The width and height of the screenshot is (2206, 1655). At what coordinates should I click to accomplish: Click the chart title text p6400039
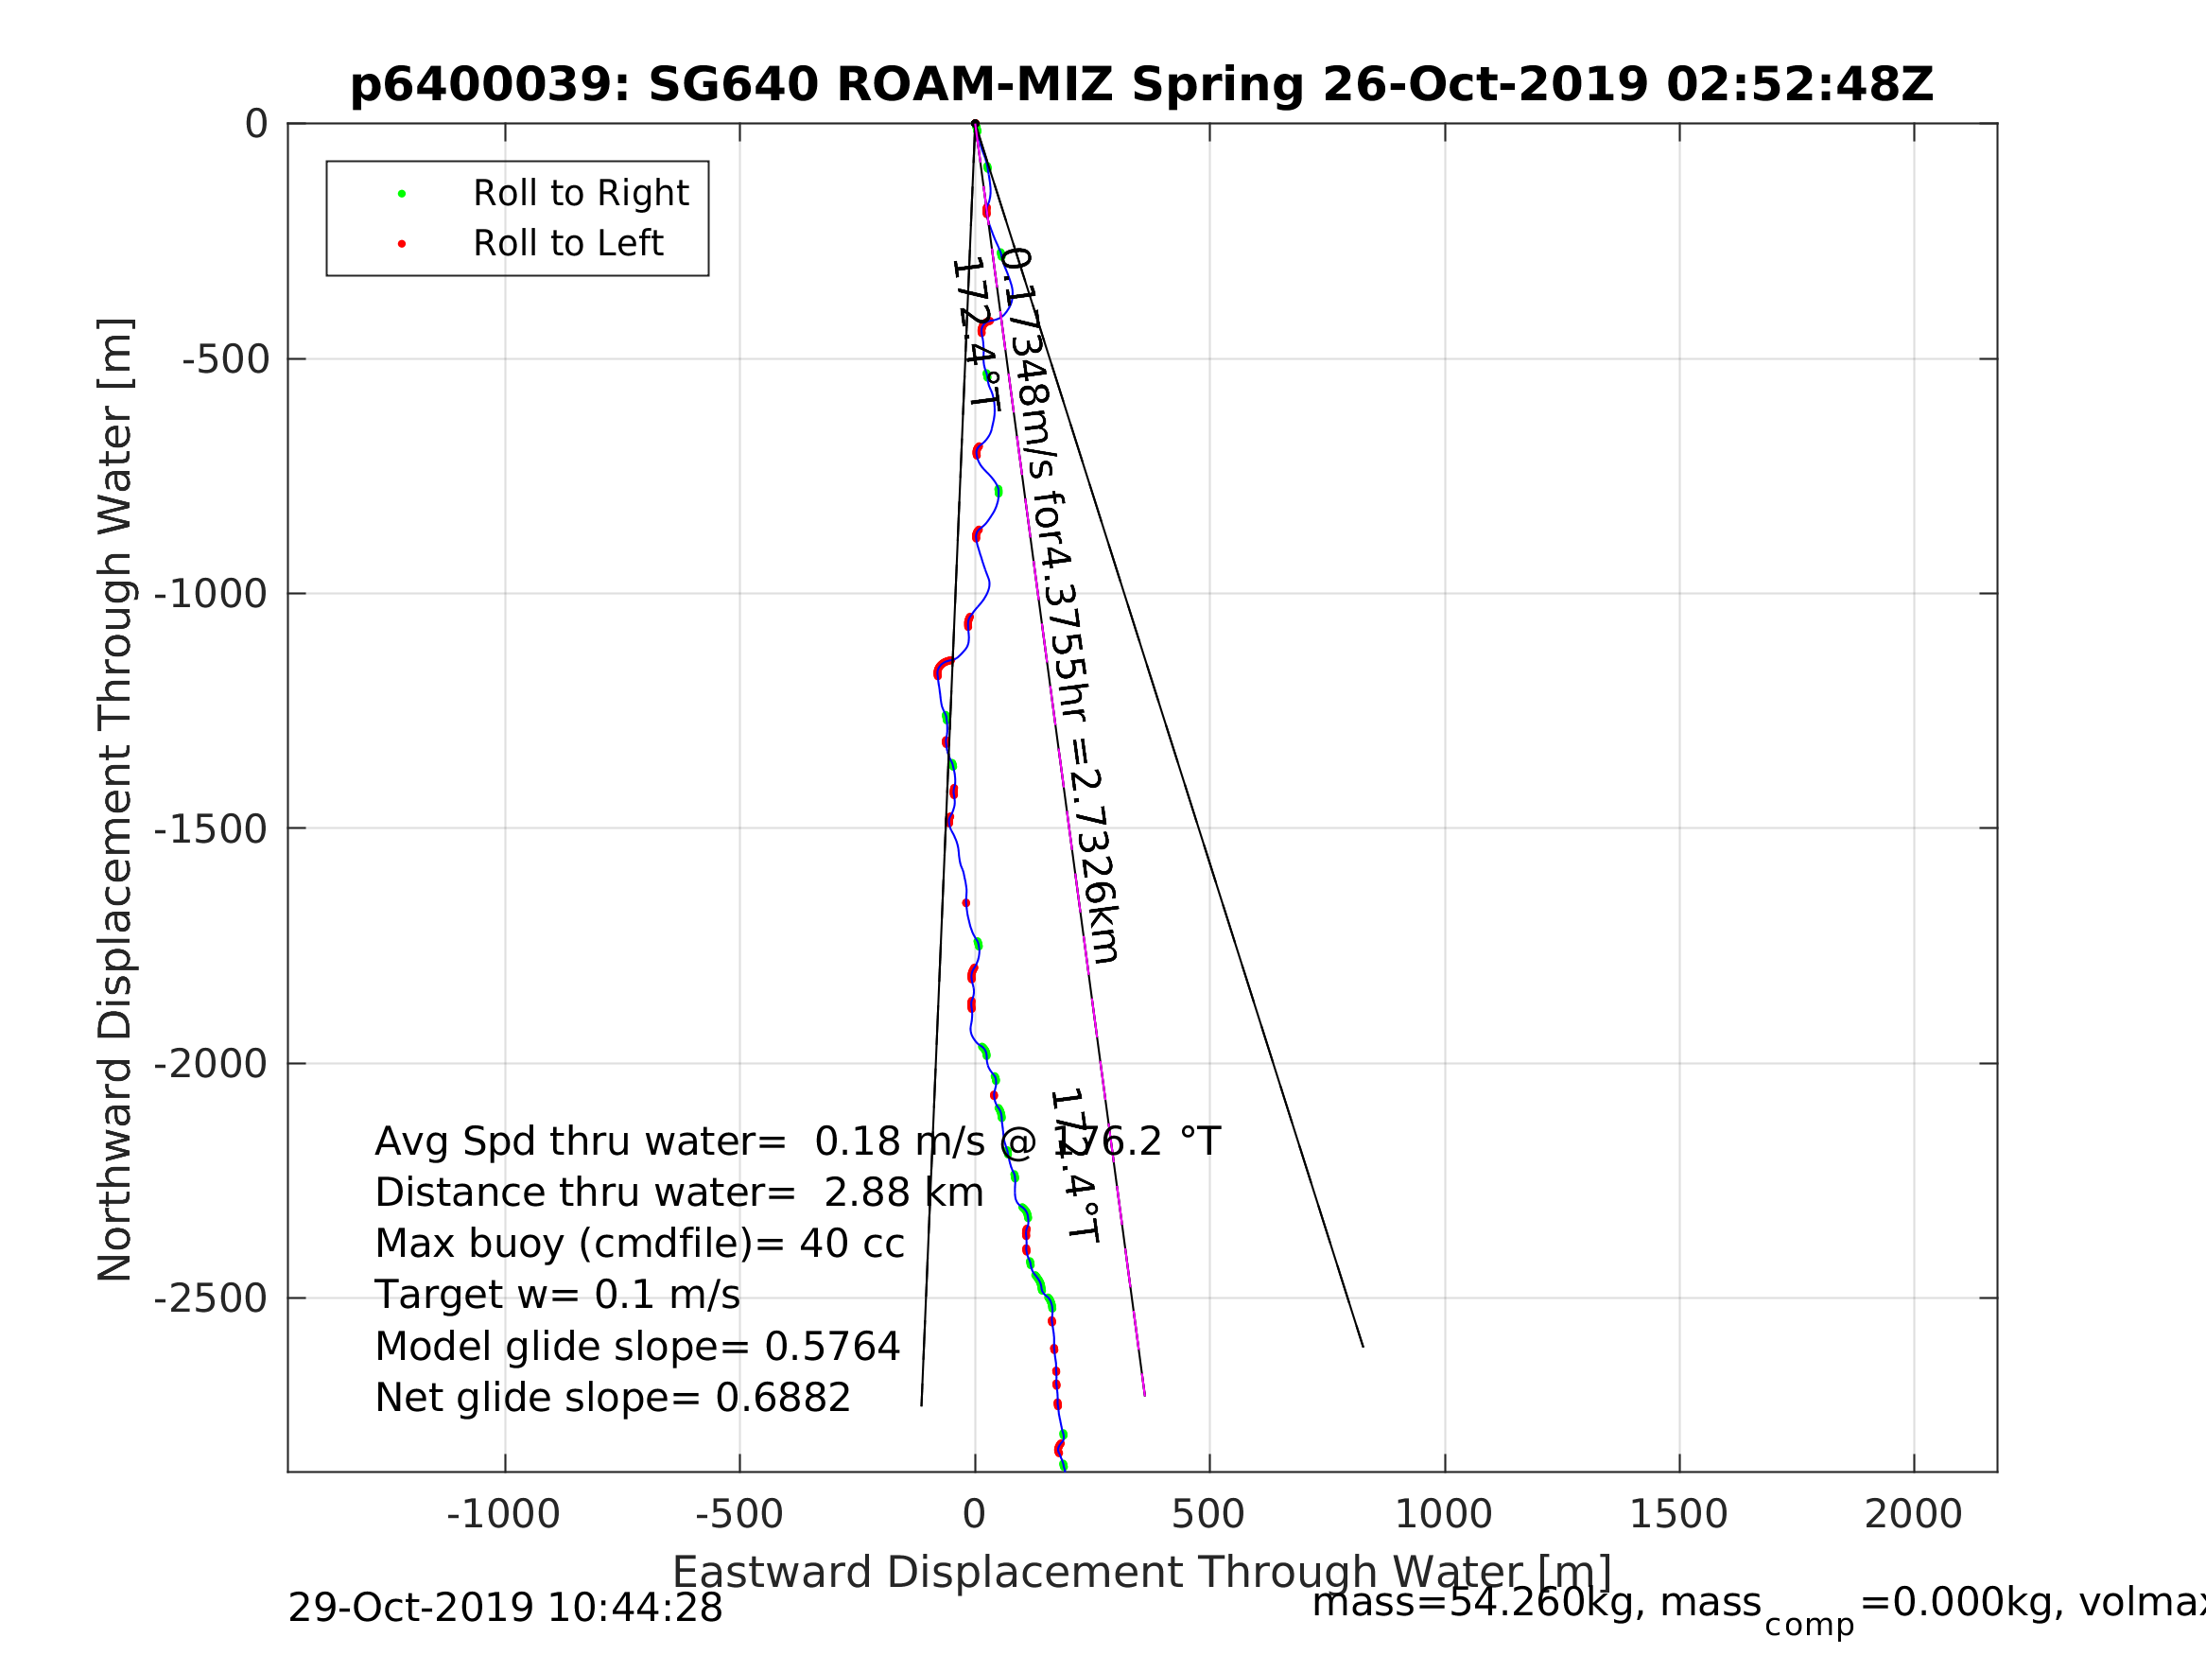(x=1141, y=86)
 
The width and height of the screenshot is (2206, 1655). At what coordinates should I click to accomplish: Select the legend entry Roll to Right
(x=580, y=194)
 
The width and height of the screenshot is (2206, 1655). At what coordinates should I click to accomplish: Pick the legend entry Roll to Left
(x=567, y=243)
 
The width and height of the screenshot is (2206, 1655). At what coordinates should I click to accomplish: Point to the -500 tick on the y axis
(x=225, y=359)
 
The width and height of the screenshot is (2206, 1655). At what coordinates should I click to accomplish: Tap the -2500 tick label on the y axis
(x=211, y=1298)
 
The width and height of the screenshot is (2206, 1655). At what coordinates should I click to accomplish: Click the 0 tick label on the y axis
(x=256, y=125)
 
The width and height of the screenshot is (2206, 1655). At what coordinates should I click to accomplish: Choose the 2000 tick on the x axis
(x=1913, y=1514)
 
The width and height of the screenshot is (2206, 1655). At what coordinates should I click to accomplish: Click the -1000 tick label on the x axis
(x=504, y=1514)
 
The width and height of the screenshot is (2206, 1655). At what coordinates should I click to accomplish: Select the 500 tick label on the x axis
(x=1207, y=1514)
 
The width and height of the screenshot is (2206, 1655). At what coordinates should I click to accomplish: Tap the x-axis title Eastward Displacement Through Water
(x=1142, y=1572)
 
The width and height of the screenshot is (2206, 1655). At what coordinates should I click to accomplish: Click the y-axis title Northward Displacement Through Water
(x=115, y=799)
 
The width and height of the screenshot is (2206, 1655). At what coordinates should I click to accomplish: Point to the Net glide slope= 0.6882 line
(x=613, y=1398)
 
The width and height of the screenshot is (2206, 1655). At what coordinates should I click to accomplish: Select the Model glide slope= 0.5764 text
(x=637, y=1347)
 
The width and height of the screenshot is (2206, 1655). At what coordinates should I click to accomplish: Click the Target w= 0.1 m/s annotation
(x=557, y=1295)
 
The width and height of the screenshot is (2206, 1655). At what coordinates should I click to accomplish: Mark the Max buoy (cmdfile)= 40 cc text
(x=639, y=1244)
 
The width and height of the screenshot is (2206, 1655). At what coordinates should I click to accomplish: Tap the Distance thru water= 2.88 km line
(x=678, y=1193)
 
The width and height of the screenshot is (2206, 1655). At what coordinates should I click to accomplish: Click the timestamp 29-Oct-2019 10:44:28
(x=505, y=1607)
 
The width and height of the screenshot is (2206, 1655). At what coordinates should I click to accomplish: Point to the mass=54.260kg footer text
(x=1536, y=1602)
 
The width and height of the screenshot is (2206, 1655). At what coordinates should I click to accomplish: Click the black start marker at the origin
(x=974, y=125)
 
